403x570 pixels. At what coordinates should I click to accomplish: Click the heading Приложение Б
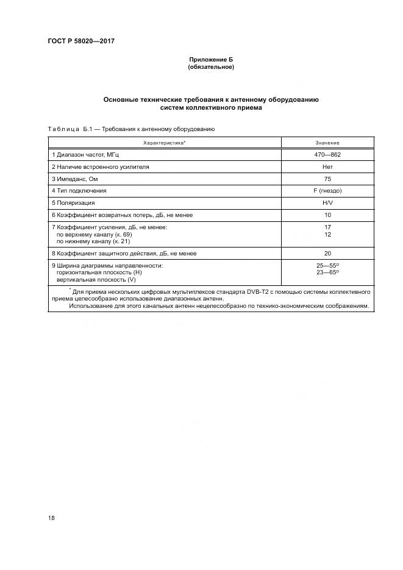point(210,60)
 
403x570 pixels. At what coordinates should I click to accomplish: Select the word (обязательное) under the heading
point(210,67)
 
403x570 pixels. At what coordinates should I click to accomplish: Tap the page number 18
point(51,518)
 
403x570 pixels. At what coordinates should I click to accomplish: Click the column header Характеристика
point(165,142)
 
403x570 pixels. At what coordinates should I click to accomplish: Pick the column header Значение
point(327,142)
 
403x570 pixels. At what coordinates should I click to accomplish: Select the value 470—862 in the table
point(327,155)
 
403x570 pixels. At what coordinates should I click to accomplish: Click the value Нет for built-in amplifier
point(327,166)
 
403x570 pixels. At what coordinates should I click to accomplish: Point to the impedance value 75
point(327,179)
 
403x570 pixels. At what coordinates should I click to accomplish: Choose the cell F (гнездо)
point(327,190)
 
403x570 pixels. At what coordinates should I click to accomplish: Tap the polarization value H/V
point(327,202)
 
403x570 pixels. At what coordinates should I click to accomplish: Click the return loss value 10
point(327,215)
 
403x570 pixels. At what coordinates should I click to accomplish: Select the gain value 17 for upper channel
point(327,227)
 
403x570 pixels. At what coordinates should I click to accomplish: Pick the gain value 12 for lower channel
point(327,234)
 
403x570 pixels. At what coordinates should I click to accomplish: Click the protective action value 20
point(327,253)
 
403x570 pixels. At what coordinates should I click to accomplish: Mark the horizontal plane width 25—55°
point(327,266)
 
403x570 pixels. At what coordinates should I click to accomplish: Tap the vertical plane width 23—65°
point(327,273)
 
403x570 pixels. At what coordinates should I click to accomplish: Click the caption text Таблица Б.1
point(69,129)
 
